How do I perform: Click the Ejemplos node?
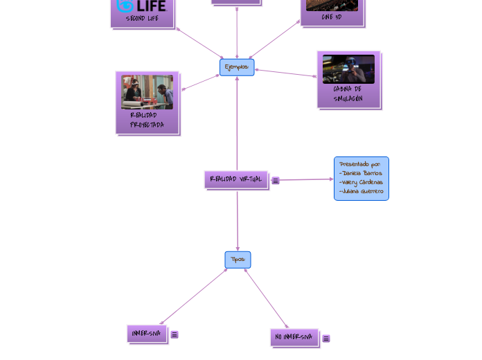pos(237,67)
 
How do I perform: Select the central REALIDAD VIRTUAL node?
pos(236,179)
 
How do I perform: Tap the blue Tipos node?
pos(238,260)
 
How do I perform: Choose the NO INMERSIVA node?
pos(294,337)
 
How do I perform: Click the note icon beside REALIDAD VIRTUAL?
pos(276,181)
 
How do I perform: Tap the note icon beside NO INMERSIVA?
pos(326,339)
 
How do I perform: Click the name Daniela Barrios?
pos(361,173)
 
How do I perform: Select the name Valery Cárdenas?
pos(361,182)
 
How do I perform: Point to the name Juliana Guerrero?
pos(361,191)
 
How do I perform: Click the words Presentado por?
pos(360,164)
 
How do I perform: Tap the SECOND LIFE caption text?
pos(142,19)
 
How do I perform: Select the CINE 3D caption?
pos(332,17)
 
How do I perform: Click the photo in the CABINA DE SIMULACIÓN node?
pos(348,69)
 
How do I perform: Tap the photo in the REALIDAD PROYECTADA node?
pos(148,92)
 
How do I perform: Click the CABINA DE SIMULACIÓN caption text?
pos(348,93)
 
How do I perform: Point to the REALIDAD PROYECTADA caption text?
pos(148,120)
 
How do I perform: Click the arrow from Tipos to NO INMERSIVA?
pos(267,299)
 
